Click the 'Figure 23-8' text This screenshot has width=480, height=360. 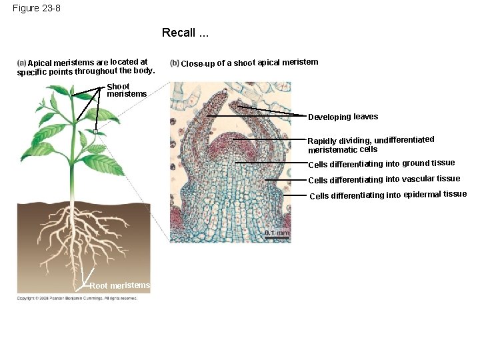coord(37,8)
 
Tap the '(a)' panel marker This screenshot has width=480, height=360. coord(21,63)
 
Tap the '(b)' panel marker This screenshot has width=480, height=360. coord(175,63)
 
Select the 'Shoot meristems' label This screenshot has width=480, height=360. coord(126,90)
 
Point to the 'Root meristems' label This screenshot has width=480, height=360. coord(120,286)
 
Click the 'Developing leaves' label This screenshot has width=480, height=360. coord(343,117)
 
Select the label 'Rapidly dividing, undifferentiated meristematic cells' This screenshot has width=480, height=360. coord(370,144)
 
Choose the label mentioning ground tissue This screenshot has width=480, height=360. coord(381,164)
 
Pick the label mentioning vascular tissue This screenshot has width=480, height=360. coord(384,179)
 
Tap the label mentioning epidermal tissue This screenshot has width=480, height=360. coord(388,195)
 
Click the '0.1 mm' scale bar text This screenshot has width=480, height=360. coord(277,233)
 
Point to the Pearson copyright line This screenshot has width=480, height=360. coord(77,298)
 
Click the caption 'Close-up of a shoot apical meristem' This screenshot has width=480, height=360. coord(249,63)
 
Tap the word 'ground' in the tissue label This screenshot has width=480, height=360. coord(415,163)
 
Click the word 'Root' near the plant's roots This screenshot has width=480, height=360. coord(99,286)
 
